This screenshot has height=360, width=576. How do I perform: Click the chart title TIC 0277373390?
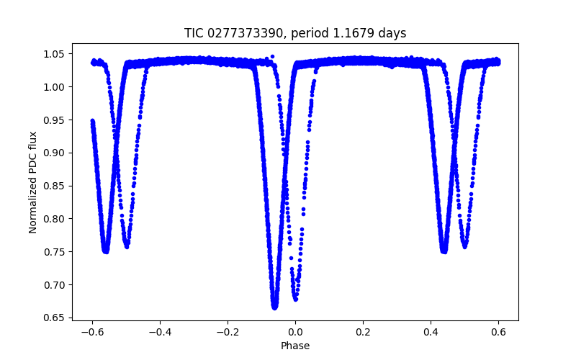(295, 33)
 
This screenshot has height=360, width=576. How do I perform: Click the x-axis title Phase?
(295, 346)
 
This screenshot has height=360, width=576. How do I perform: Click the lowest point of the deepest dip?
(274, 307)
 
